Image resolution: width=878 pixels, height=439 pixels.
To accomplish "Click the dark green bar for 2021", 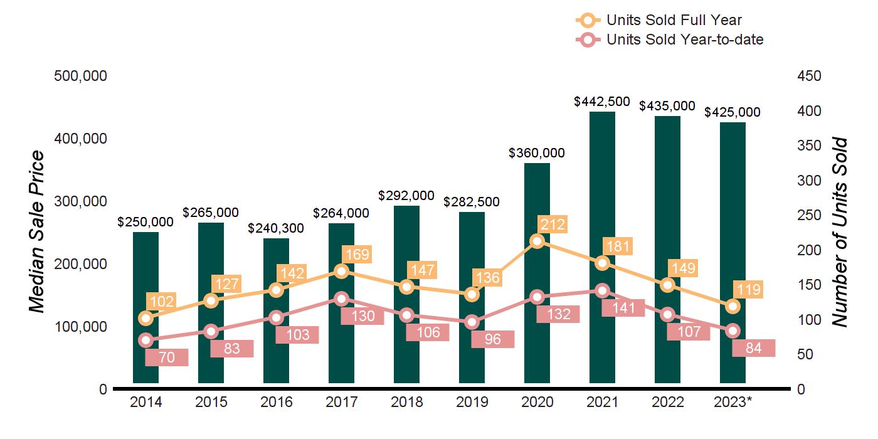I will (602, 188).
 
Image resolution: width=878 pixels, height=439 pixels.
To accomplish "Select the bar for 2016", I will (276, 351).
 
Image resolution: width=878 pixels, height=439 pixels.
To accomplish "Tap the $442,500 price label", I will (602, 102).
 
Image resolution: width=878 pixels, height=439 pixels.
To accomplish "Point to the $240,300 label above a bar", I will (276, 228).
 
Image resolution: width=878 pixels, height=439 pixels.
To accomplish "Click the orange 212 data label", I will (551, 225).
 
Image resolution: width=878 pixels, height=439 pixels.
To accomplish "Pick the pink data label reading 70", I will (167, 357).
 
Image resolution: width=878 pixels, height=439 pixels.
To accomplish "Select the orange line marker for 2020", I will (537, 241).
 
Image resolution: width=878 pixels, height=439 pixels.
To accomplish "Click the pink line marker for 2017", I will (341, 299).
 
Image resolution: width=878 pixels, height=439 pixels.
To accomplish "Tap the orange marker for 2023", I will (733, 306).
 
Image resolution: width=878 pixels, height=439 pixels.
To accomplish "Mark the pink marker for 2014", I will (145, 341).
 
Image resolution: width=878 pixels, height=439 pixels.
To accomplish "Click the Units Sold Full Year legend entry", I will (665, 21).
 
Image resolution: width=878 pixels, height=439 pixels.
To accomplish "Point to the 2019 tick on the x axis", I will (472, 402).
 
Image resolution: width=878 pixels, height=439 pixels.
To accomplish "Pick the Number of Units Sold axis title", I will (840, 232).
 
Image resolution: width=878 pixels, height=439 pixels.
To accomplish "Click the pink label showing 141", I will (623, 308).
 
